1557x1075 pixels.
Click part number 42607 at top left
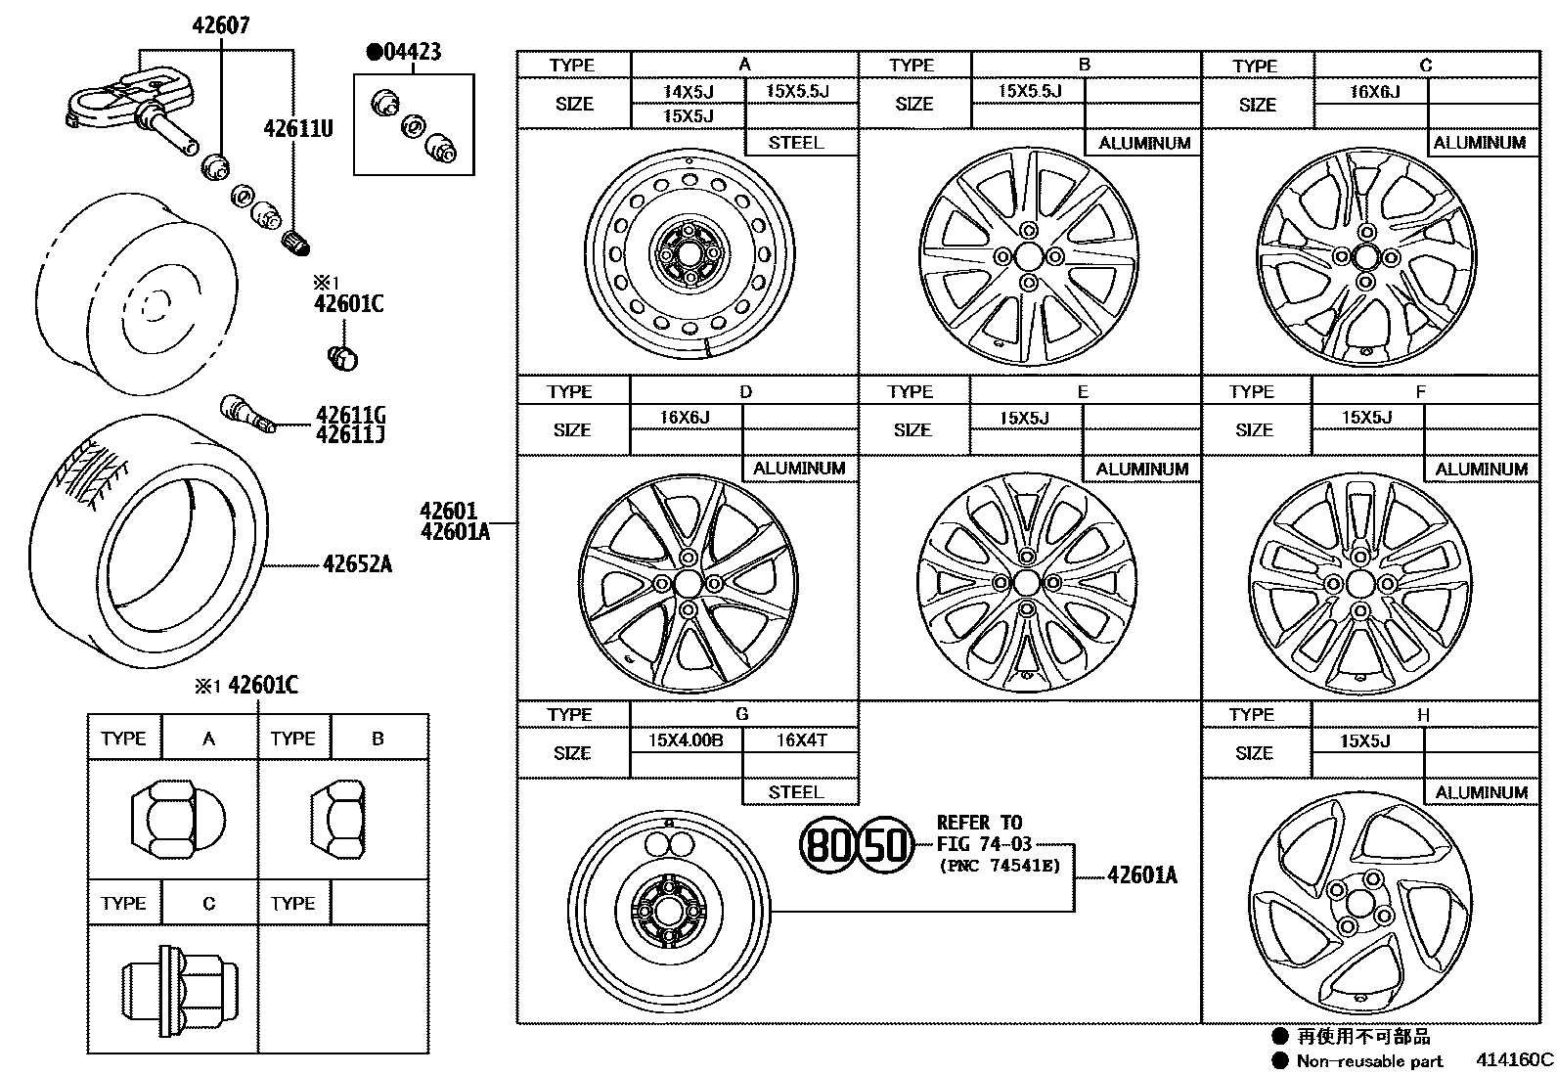coord(220,25)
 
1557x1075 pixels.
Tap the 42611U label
coord(297,128)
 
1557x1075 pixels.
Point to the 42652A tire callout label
coord(357,564)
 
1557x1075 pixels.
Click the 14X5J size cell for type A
coord(689,91)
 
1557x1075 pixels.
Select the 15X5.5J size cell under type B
coord(1028,91)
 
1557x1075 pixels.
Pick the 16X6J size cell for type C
coord(1374,92)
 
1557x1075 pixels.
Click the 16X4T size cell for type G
coord(801,740)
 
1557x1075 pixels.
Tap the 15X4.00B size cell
coord(686,740)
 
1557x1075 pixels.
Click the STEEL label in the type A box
coord(796,143)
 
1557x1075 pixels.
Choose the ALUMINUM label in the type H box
coord(1481,792)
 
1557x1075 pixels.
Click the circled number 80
coord(827,843)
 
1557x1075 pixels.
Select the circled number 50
coord(886,843)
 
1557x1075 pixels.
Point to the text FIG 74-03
coord(984,844)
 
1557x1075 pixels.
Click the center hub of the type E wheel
coord(1026,583)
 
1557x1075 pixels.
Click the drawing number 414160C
coord(1514,1059)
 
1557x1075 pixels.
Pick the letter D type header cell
coord(745,391)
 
